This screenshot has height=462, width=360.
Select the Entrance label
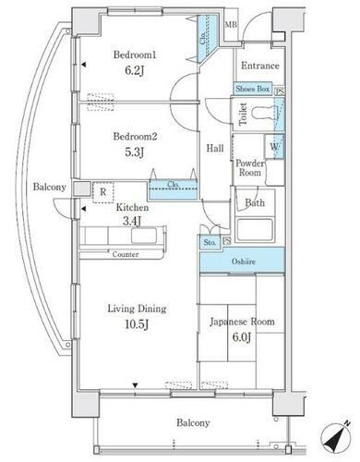pos(260,67)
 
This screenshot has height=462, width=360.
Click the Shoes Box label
pos(252,90)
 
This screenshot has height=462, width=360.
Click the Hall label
pos(215,148)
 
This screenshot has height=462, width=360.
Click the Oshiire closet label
pos(244,261)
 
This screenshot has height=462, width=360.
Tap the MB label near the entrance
pos(231,23)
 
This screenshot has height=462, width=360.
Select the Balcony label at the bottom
pos(194,423)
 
